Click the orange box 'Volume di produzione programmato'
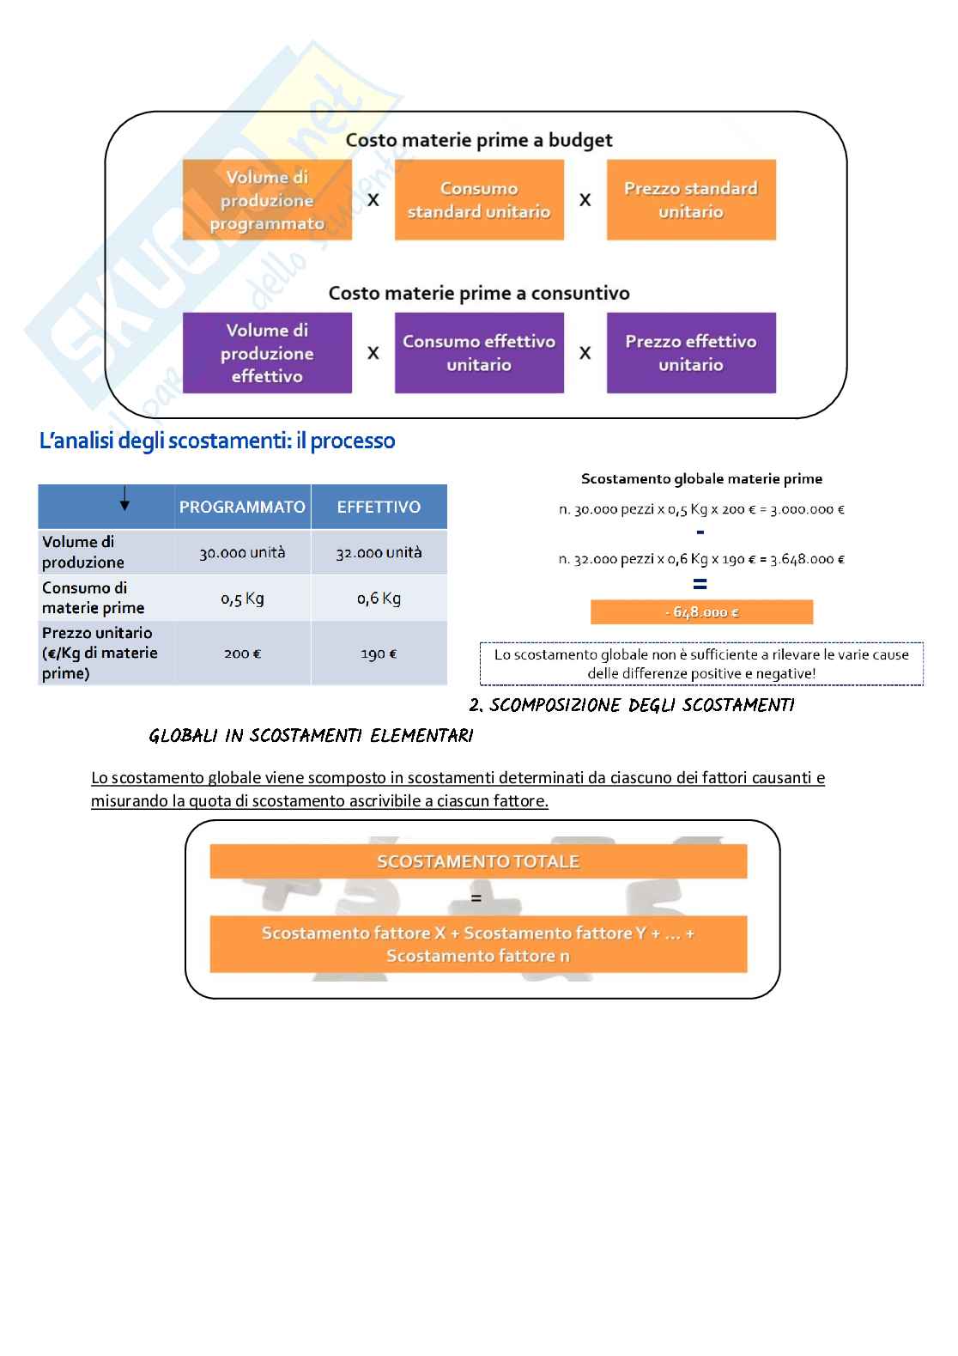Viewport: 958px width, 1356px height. pos(267,200)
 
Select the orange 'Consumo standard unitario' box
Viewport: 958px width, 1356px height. pos(479,200)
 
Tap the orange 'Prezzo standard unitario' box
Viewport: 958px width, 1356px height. pos(691,200)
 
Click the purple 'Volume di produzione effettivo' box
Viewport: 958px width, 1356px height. pos(267,353)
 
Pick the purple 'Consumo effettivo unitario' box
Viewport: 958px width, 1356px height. pos(479,353)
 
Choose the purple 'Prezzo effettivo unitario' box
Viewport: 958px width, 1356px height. pos(691,353)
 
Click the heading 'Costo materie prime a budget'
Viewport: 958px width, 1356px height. pos(479,140)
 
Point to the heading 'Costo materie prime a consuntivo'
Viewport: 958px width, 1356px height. pos(479,293)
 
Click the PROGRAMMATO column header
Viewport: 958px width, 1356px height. pos(242,507)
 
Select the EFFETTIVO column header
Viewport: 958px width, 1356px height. pos(379,507)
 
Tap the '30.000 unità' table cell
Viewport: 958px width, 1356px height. pos(242,553)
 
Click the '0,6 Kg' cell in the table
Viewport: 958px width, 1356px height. pos(379,599)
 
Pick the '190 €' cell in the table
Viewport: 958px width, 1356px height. pos(379,654)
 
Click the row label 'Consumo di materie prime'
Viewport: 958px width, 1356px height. pos(94,598)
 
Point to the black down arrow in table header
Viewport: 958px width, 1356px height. pos(124,499)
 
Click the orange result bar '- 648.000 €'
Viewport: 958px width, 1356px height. pos(701,612)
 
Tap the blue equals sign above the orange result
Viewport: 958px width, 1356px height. pos(700,584)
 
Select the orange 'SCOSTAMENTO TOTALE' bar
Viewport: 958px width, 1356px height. pos(478,861)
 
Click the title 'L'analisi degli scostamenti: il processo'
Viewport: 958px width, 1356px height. pos(217,441)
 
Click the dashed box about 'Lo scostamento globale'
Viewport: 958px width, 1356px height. pos(701,664)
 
